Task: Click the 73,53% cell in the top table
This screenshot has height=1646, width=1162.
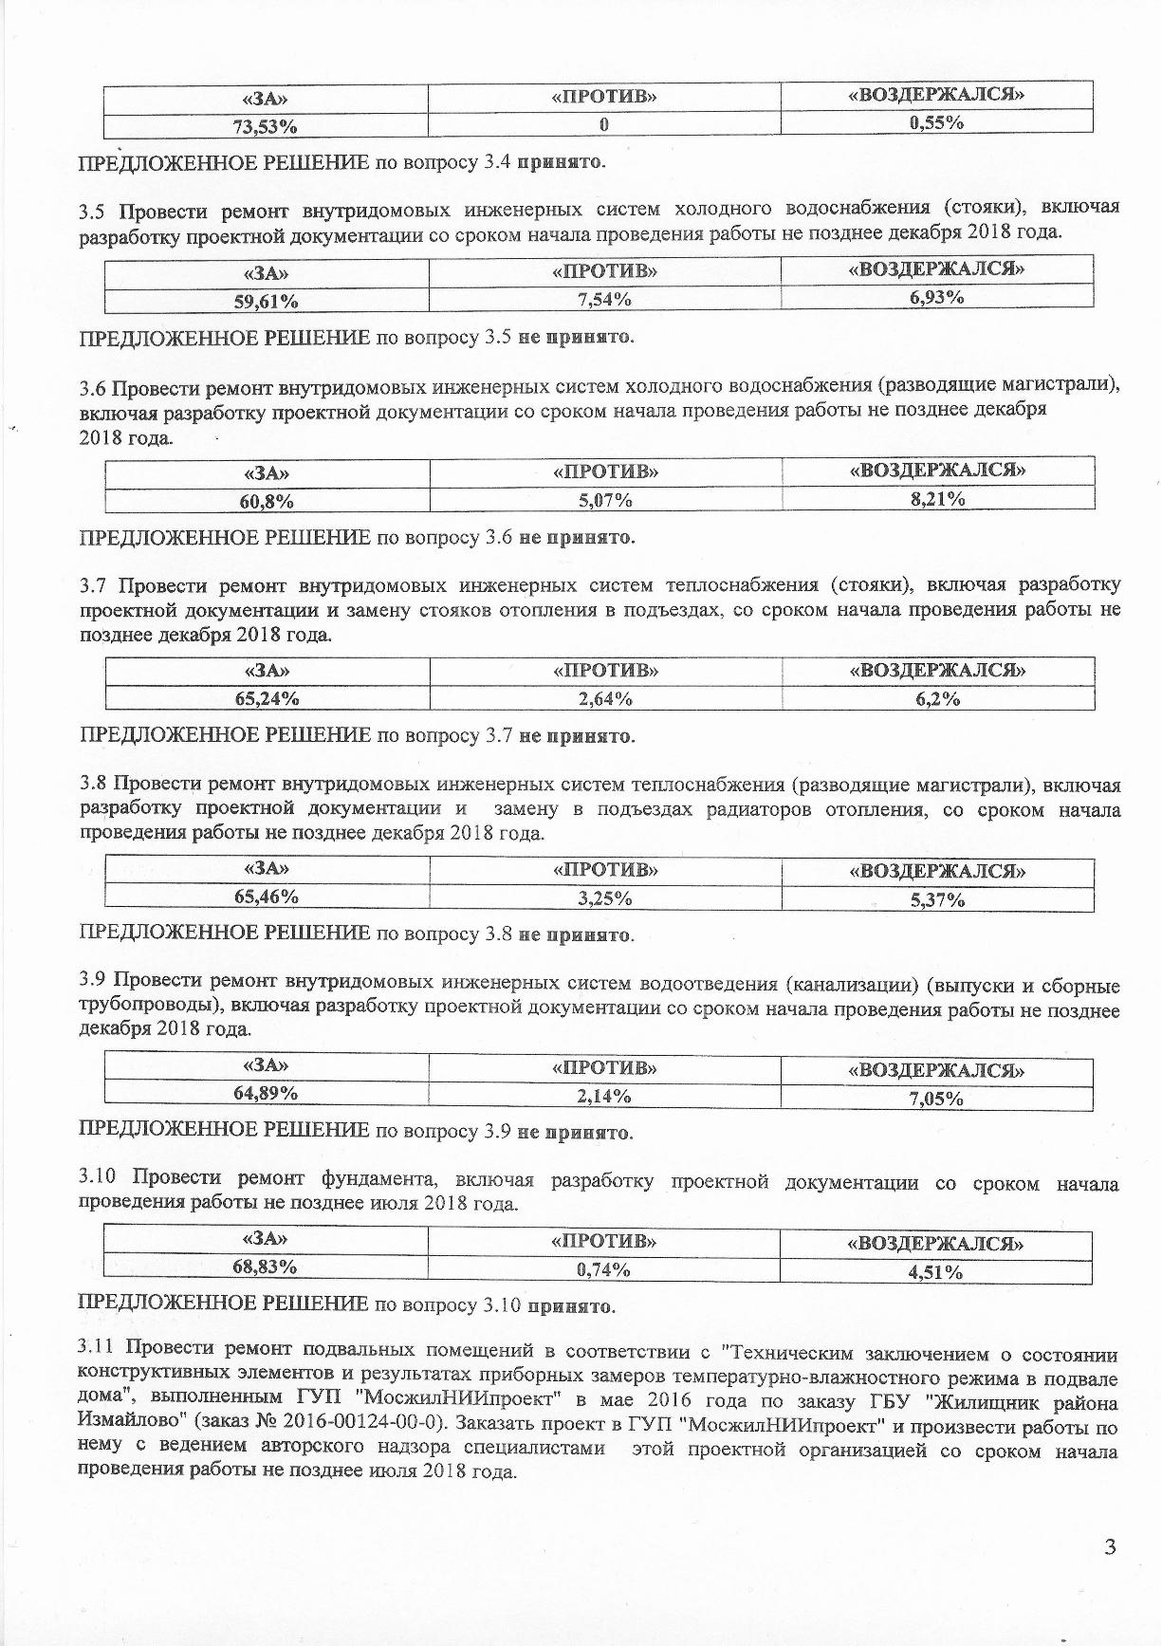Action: point(266,124)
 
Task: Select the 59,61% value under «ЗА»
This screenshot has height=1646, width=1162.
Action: point(267,301)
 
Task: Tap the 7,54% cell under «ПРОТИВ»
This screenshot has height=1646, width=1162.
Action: point(605,300)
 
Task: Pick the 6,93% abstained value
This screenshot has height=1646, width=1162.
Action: point(936,297)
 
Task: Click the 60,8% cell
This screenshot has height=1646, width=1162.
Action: point(267,501)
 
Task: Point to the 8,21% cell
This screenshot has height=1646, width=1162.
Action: point(937,498)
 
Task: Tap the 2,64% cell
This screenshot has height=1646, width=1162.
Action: point(605,699)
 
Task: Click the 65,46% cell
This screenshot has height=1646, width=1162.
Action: point(267,897)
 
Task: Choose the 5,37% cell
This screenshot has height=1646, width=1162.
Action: point(937,900)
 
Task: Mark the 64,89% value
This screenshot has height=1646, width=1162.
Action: point(267,1094)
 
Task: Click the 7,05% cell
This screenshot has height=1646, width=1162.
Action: point(937,1099)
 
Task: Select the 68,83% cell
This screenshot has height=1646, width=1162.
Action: point(266,1267)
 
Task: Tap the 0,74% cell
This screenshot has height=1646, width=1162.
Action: point(604,1269)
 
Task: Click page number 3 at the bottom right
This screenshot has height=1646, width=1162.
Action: point(1110,1547)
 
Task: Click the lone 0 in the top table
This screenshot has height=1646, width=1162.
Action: point(604,124)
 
